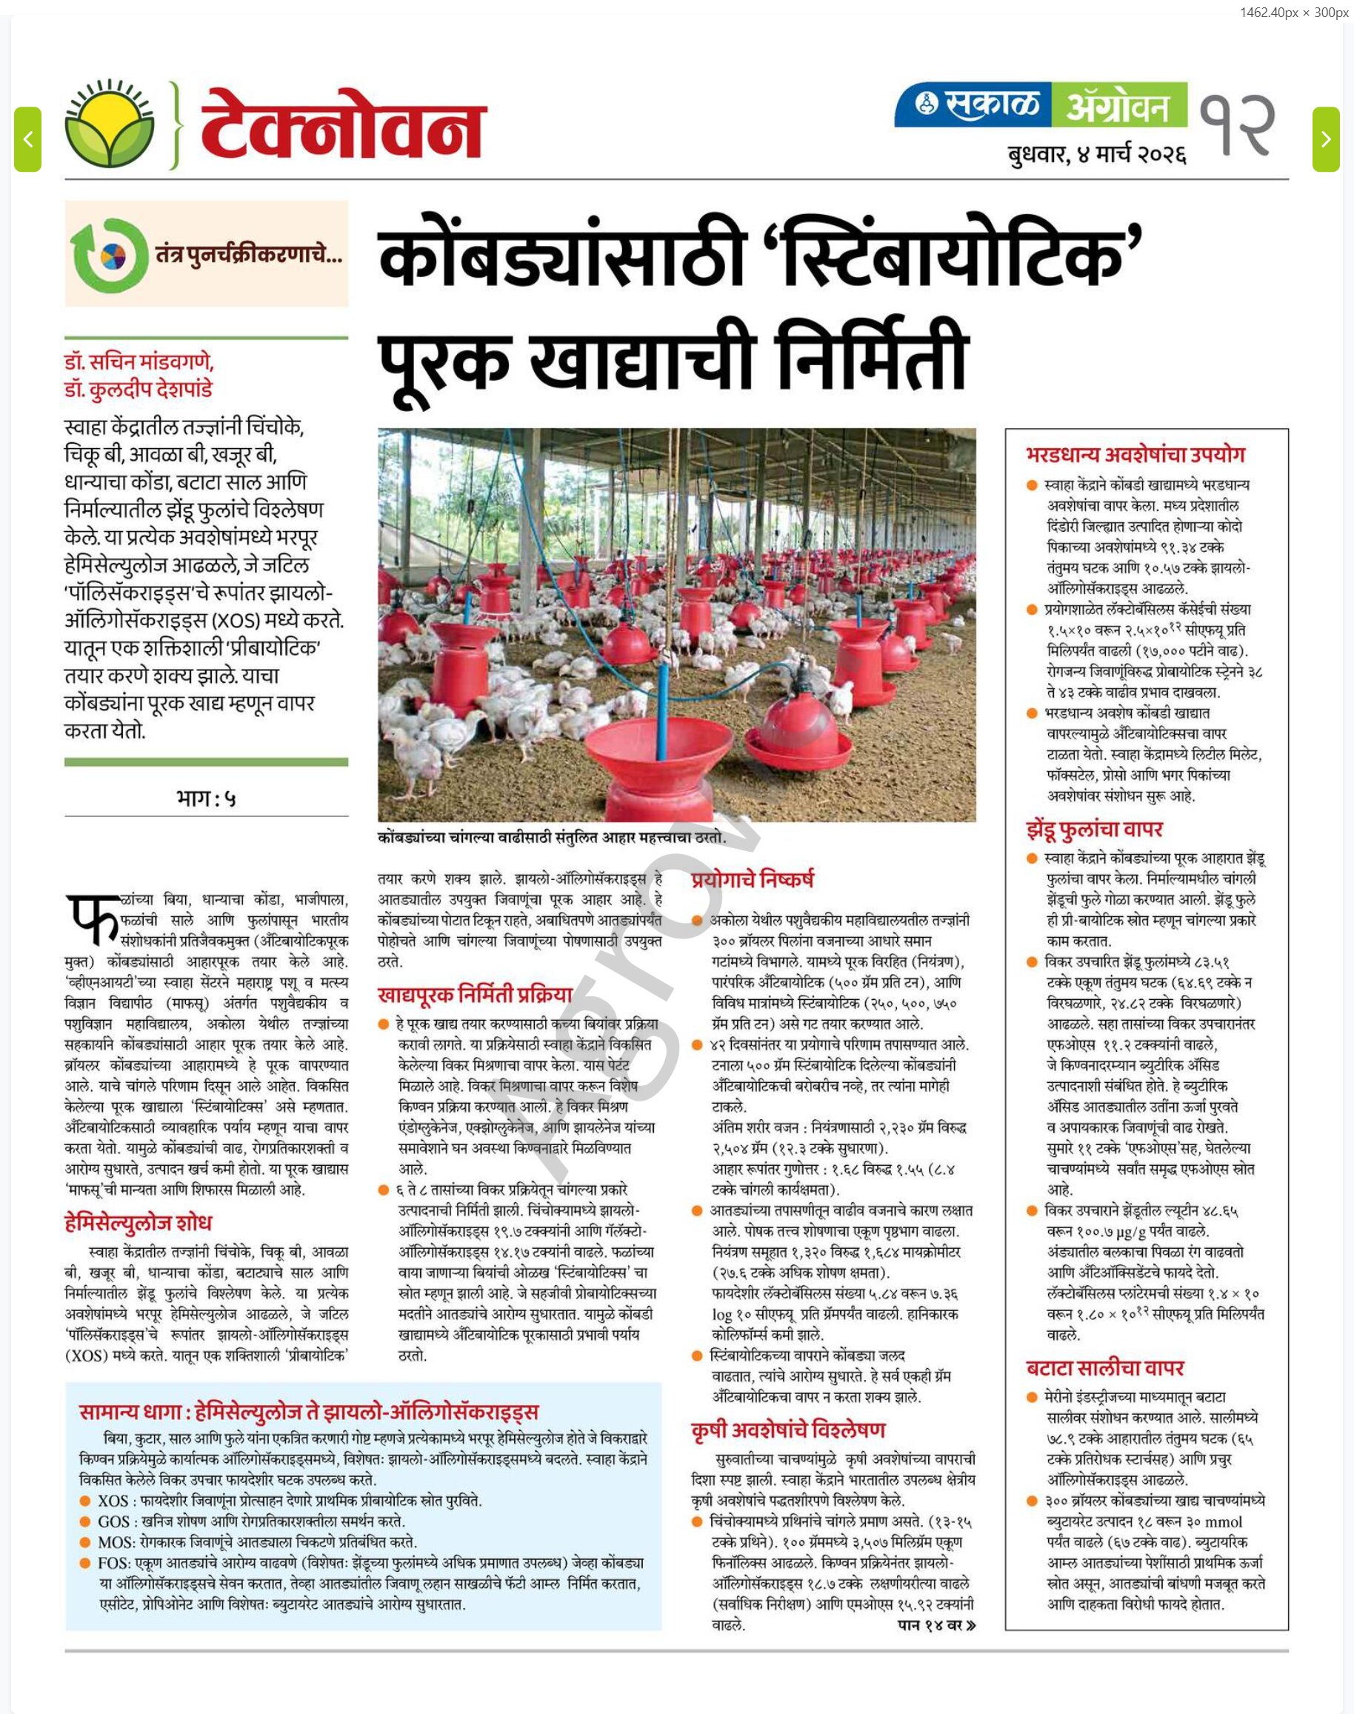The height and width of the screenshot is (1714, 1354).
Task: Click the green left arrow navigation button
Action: (x=27, y=139)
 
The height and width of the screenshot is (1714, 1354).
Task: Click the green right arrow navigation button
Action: (x=1325, y=139)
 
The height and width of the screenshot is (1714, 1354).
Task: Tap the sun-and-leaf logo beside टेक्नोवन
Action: (x=110, y=125)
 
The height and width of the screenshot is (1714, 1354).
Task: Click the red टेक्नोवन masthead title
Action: (x=341, y=127)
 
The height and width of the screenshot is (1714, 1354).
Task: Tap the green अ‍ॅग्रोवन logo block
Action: (x=1118, y=104)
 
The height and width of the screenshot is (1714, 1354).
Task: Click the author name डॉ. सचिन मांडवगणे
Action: (x=139, y=362)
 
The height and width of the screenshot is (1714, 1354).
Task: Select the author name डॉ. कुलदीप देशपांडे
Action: (x=139, y=390)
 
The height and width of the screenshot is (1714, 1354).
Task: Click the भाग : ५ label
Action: (x=206, y=798)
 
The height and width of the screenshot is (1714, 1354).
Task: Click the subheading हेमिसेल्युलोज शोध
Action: (x=138, y=1222)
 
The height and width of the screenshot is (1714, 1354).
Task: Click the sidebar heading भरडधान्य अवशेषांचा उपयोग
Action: (x=1135, y=455)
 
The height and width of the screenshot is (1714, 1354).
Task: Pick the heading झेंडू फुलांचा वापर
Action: (x=1094, y=830)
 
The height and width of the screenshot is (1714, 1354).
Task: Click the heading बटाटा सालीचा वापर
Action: (x=1104, y=1367)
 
